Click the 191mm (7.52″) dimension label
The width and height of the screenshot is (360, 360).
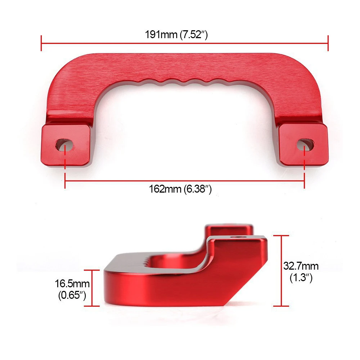(x=176, y=35)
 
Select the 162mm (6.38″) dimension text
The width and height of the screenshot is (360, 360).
(x=180, y=189)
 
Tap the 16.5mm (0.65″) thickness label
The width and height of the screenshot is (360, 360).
(x=72, y=289)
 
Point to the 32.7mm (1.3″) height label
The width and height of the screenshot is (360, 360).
(x=301, y=272)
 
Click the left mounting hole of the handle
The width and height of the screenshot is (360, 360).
(x=64, y=145)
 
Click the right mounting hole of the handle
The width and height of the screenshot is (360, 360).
(x=305, y=145)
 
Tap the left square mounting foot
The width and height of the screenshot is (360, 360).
(x=66, y=145)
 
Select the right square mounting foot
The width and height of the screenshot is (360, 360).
(x=303, y=144)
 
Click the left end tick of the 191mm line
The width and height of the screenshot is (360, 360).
(x=41, y=43)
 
